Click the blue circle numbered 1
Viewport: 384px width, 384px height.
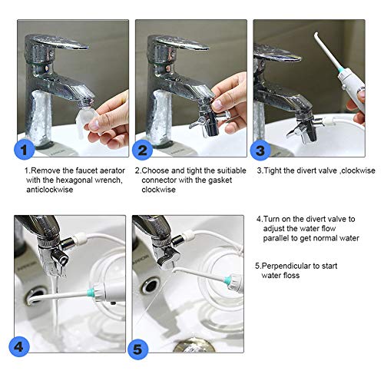[x=25, y=150]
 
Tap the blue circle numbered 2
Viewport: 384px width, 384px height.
[x=142, y=150]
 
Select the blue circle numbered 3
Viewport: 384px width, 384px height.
[x=260, y=150]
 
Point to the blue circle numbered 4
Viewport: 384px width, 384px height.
[x=19, y=346]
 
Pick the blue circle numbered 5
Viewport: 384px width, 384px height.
[x=137, y=349]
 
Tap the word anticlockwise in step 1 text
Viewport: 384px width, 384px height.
[x=50, y=190]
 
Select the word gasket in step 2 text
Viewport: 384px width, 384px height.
[x=220, y=180]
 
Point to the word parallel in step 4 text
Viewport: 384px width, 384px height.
[x=276, y=238]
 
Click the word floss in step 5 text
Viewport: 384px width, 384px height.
[x=290, y=276]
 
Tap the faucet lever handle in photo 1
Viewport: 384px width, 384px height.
[x=59, y=42]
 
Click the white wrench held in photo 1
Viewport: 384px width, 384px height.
[x=86, y=122]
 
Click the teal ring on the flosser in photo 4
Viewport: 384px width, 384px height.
[x=90, y=291]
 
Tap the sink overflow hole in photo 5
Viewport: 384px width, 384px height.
[x=151, y=286]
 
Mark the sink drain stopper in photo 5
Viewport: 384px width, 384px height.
[x=194, y=345]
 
